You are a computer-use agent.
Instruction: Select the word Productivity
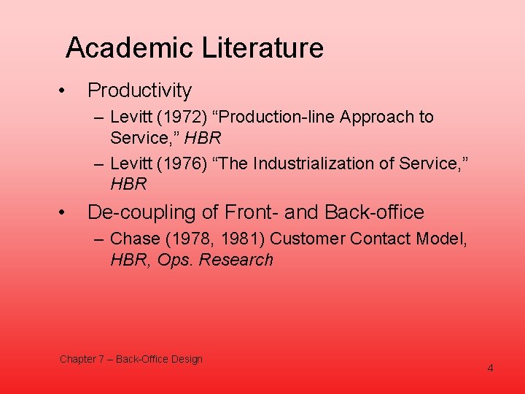point(139,90)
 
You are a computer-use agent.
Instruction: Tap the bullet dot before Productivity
point(64,90)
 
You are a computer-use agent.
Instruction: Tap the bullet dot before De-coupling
point(64,212)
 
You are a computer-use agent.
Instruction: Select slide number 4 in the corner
point(490,368)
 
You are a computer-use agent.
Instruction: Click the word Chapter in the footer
point(77,359)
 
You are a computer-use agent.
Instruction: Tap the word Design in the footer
point(187,359)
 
